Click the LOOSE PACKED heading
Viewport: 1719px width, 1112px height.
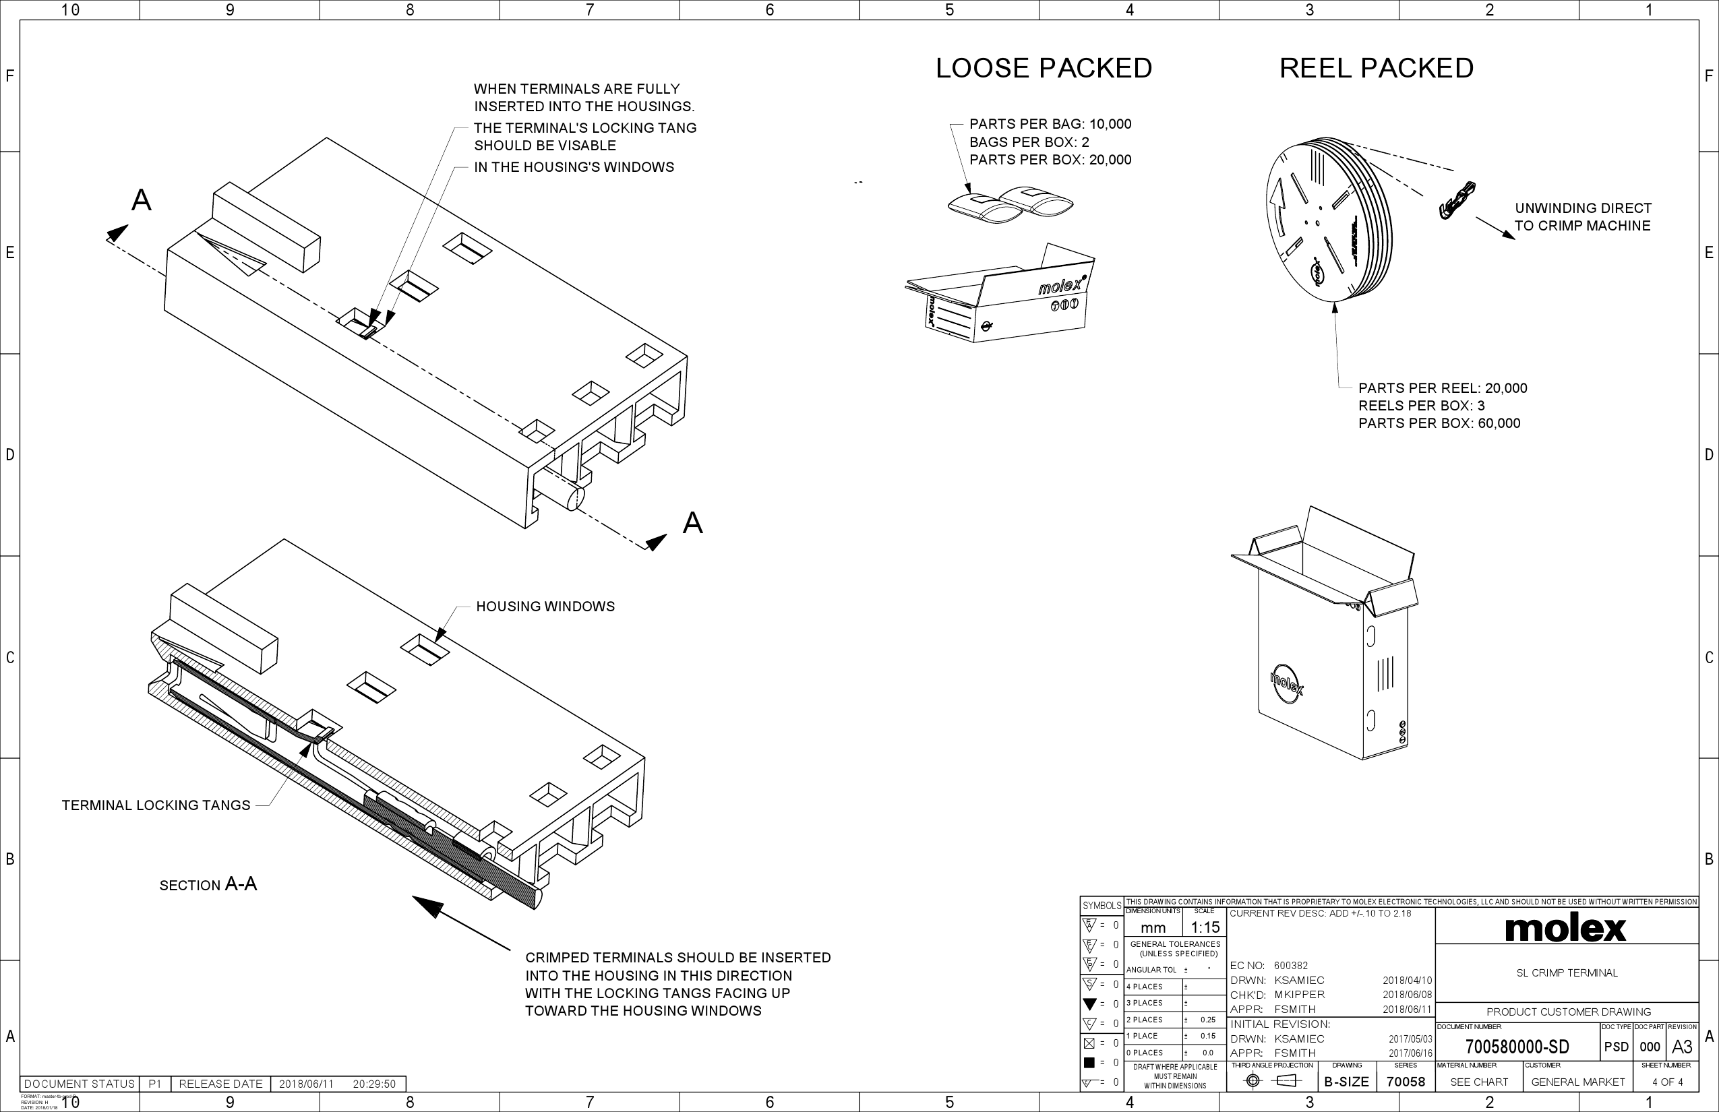pos(1044,68)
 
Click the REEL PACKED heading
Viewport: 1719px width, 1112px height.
pos(1376,68)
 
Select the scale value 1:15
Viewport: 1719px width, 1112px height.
pos(1205,927)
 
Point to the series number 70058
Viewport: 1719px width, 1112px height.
pos(1406,1082)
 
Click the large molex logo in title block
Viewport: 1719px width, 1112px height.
pos(1566,929)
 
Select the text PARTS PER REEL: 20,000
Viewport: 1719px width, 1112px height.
pos(1443,388)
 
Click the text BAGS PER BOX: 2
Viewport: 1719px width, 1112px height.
pos(1029,142)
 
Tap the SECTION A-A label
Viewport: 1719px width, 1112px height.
pos(208,884)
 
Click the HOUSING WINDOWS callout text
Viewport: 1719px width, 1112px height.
pos(545,607)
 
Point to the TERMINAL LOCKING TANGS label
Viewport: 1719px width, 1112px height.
pos(156,805)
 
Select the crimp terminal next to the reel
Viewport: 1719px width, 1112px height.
pos(1457,201)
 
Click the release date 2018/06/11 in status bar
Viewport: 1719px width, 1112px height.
pos(306,1084)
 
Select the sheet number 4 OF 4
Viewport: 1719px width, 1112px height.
pos(1667,1082)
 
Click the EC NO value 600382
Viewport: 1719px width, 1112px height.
pos(1291,965)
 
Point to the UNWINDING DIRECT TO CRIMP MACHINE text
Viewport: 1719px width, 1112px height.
pos(1583,216)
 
